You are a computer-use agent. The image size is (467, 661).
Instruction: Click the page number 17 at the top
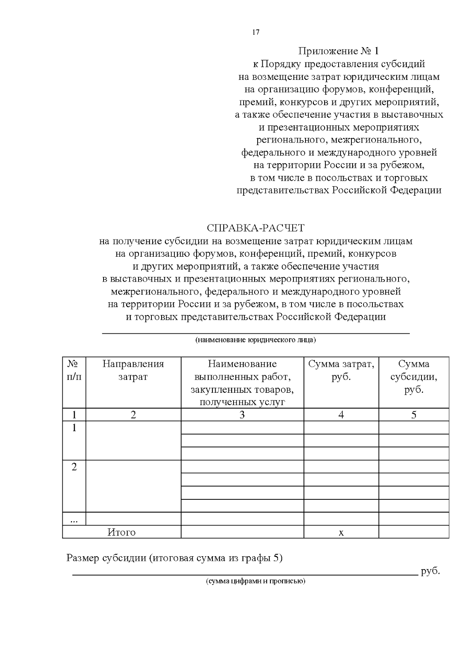[x=256, y=32]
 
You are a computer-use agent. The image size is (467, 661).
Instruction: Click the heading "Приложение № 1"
[x=338, y=51]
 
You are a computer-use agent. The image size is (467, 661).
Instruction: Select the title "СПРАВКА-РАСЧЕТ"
[x=256, y=228]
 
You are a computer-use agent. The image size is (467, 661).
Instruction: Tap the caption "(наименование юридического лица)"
[x=256, y=340]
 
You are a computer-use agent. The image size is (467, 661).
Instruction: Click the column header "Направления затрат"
[x=133, y=370]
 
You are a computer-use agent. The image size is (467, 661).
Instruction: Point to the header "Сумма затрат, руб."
[x=341, y=370]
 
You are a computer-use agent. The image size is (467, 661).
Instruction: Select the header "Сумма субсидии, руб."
[x=414, y=377]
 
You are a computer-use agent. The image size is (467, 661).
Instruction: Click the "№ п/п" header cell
[x=74, y=370]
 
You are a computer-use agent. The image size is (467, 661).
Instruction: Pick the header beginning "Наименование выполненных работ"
[x=242, y=383]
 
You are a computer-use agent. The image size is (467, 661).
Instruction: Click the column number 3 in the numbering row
[x=242, y=415]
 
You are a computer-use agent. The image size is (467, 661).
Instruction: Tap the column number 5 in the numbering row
[x=414, y=415]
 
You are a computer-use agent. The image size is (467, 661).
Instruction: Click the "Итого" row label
[x=121, y=532]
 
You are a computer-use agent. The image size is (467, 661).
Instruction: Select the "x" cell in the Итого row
[x=341, y=532]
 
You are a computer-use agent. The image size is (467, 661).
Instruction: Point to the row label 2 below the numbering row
[x=74, y=467]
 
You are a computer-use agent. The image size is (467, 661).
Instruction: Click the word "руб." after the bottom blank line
[x=430, y=571]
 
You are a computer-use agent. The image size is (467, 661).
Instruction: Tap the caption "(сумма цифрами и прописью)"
[x=256, y=582]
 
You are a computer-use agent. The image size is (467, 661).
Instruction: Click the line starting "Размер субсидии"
[x=174, y=558]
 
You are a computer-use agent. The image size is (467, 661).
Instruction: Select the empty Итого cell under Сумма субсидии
[x=414, y=532]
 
